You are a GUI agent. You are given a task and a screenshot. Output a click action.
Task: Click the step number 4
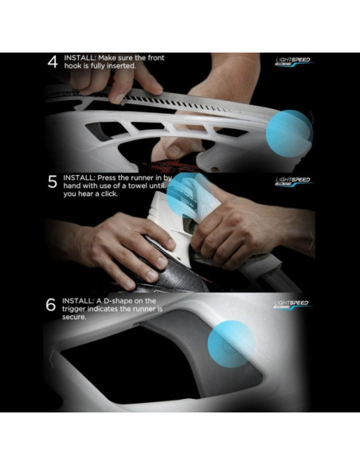coord(52,62)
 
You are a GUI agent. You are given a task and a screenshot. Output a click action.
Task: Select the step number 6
coord(52,304)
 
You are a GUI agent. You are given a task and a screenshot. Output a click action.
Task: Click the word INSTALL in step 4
coord(80,57)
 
